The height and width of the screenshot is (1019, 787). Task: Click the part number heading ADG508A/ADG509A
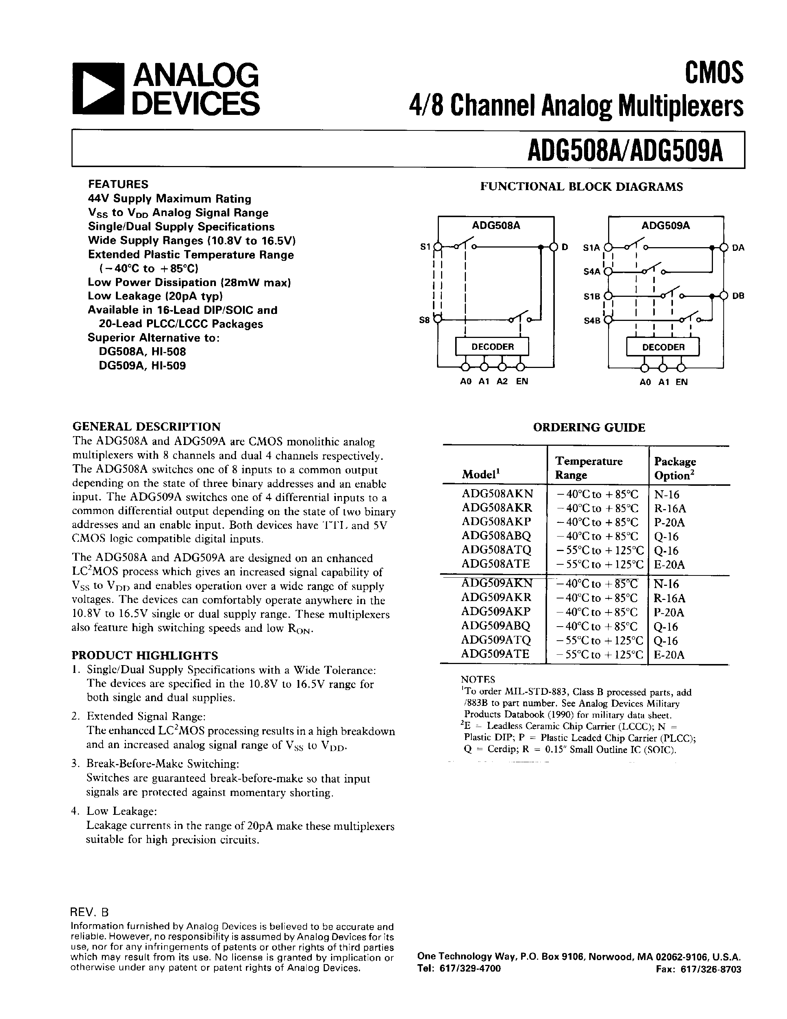625,150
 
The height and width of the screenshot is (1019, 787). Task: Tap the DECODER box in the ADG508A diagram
492,347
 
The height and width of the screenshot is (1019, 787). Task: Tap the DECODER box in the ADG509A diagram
663,347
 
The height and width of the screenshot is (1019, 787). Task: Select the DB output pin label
738,296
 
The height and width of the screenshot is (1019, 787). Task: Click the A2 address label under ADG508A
502,381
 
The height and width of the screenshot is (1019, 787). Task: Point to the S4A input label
591,272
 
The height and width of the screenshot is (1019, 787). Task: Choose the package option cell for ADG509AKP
668,612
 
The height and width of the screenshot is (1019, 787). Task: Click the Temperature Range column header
588,468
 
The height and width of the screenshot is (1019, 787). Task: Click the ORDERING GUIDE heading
588,427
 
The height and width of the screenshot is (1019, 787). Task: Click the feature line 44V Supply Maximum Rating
170,199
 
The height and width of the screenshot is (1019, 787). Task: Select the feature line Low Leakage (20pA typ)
155,296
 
